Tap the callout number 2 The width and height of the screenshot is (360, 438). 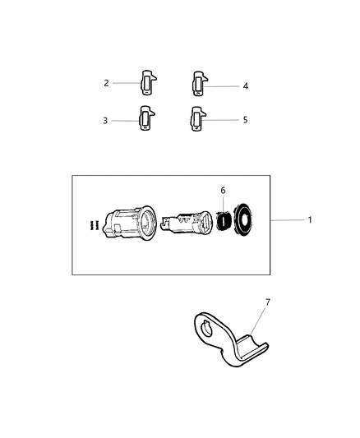[106, 83]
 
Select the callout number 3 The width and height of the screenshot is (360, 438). [105, 121]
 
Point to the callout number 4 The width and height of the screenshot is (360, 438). [245, 85]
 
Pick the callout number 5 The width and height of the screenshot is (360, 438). [245, 119]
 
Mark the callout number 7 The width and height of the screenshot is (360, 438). [267, 302]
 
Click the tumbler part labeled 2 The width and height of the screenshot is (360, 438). [148, 82]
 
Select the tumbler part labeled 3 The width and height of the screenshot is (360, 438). [145, 120]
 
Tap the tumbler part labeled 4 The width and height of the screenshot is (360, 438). [198, 83]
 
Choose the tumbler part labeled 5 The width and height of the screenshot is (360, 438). [197, 119]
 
